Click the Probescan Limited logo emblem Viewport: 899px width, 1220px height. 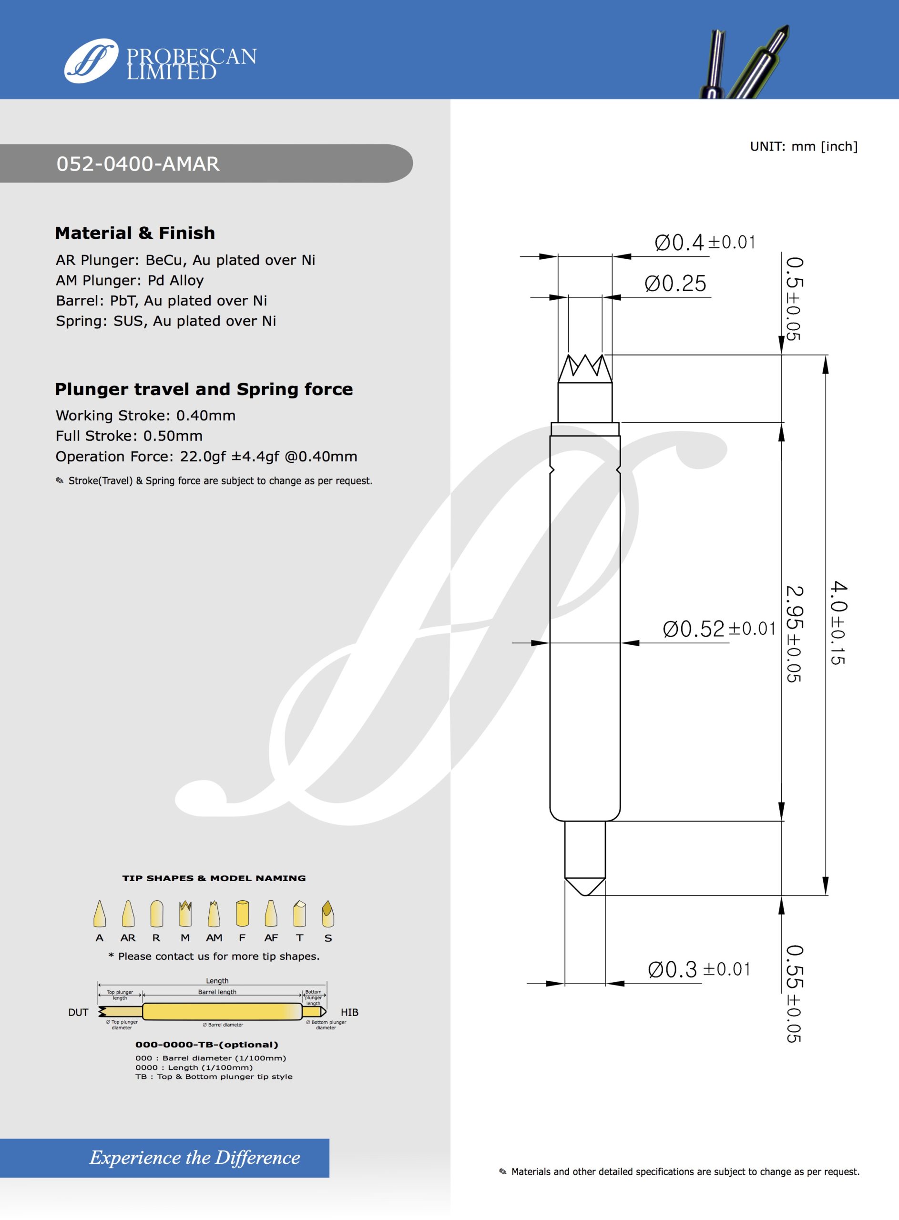tap(91, 61)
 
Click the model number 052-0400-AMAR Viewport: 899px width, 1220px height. tap(138, 164)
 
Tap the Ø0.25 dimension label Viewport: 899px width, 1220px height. tap(675, 284)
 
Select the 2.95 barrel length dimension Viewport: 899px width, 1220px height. tap(795, 634)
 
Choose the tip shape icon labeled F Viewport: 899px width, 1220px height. tap(242, 914)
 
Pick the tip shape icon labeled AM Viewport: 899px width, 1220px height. tap(214, 914)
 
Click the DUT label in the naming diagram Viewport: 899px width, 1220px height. tap(78, 1012)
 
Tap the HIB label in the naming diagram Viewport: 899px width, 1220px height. tap(349, 1012)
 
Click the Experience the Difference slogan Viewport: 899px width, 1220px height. tap(194, 1158)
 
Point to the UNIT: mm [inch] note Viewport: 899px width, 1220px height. tap(803, 146)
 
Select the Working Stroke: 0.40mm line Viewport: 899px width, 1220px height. tap(145, 416)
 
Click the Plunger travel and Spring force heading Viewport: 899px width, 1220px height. tap(204, 389)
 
